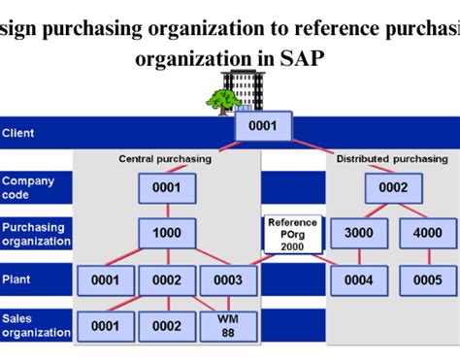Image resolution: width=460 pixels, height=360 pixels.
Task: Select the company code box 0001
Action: [167, 187]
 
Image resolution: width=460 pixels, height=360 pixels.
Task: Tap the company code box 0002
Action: [393, 187]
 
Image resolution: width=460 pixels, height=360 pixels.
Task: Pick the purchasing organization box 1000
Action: [167, 233]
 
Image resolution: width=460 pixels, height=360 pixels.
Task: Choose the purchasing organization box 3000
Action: [359, 233]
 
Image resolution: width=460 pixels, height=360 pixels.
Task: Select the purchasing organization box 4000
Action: [427, 233]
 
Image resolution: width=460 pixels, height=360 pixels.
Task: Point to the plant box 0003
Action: [228, 279]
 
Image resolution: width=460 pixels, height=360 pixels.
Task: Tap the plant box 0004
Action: [359, 279]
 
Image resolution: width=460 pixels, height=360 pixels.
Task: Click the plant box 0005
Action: [427, 279]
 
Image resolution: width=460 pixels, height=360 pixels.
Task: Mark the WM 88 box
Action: [228, 326]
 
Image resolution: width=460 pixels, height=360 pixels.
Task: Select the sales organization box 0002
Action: [167, 326]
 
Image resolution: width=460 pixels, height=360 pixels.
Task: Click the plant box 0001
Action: [106, 279]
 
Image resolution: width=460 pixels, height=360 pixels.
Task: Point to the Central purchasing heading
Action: [166, 158]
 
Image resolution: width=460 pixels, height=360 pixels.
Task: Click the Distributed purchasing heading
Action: [392, 158]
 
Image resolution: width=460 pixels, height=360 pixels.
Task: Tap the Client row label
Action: [18, 132]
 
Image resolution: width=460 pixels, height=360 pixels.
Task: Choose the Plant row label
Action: [16, 279]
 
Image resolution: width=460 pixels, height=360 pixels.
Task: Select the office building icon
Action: [243, 88]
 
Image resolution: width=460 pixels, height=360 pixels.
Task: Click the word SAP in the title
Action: [303, 58]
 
